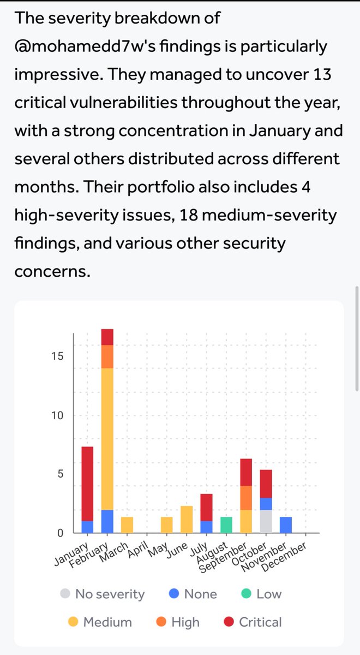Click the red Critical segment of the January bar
pos(87,484)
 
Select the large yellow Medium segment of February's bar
pos(107,439)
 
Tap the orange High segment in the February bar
pos(107,356)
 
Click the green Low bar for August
pos(226,525)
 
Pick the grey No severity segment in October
pos(266,521)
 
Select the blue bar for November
pos(285,525)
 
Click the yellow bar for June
pos(187,519)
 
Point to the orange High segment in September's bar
pos(246,498)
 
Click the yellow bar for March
pos(127,525)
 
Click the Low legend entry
pos(261,594)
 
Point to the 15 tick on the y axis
pos(57,356)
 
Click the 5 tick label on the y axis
pos(60,474)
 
